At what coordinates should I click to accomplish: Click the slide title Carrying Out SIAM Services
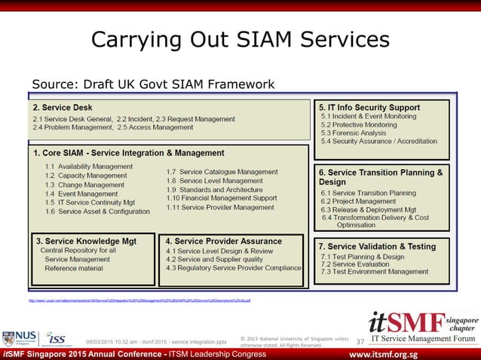(x=240, y=40)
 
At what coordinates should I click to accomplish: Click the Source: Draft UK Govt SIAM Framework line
(x=152, y=84)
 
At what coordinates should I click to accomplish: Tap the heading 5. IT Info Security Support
(x=369, y=107)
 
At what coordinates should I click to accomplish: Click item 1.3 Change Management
(x=85, y=185)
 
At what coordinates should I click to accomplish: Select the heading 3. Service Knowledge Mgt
(x=87, y=241)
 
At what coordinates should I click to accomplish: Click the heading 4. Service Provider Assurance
(x=223, y=241)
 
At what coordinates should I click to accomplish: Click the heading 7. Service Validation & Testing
(x=377, y=246)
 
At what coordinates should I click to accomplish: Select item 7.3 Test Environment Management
(x=374, y=272)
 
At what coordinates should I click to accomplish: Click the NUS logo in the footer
(x=20, y=338)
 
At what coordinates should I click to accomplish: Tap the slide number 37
(x=360, y=342)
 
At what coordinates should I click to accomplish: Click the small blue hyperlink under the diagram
(x=139, y=300)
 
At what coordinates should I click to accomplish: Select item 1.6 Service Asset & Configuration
(x=97, y=212)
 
